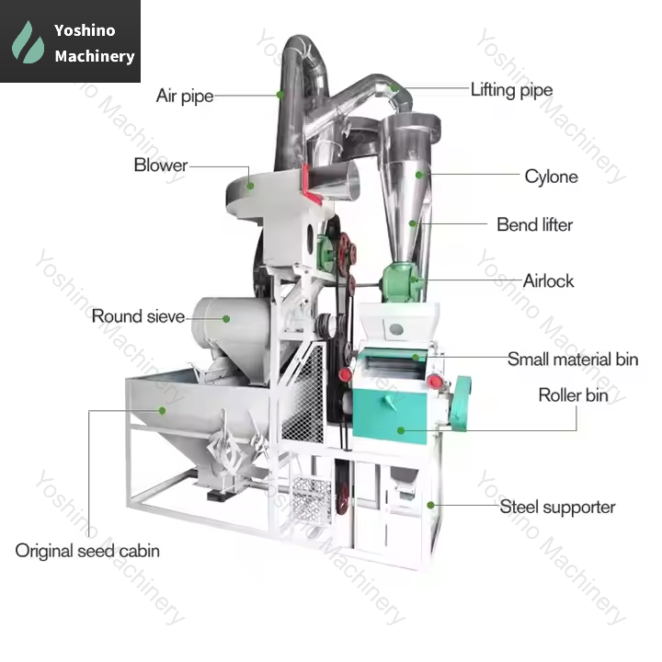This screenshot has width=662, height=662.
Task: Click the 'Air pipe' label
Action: coord(184,96)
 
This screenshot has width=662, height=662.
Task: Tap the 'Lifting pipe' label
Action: coord(511,90)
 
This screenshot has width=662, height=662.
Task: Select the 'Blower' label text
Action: coord(160,165)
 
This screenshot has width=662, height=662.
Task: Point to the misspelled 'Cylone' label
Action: coord(551,177)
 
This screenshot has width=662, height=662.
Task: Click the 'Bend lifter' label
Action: coord(534,224)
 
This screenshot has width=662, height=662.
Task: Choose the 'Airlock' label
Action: coord(549,280)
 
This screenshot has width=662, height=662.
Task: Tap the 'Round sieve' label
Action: coord(138,316)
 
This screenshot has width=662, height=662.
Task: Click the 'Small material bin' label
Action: coord(572,360)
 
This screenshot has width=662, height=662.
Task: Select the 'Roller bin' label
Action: coord(573,395)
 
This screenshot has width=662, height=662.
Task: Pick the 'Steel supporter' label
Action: coord(557,507)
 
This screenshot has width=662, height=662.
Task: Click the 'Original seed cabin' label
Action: coord(86,551)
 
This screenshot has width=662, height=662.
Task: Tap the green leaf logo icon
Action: coord(29,42)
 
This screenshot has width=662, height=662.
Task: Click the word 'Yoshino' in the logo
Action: coord(85,30)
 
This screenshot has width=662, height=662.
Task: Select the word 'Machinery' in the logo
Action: coord(94,56)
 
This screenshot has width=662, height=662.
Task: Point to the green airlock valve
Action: coord(401,279)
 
